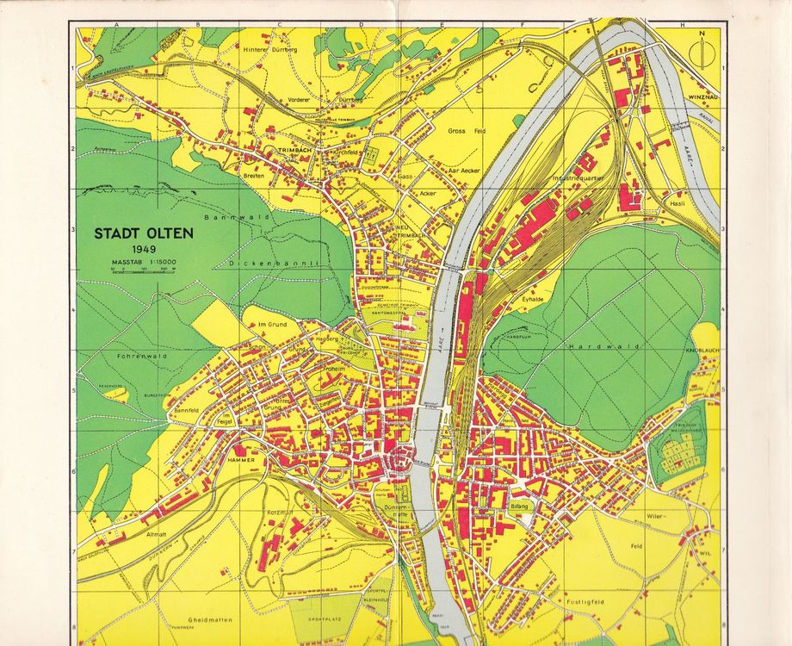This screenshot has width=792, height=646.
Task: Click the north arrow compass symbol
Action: (x=702, y=51)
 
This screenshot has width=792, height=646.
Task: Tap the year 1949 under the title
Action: (x=134, y=250)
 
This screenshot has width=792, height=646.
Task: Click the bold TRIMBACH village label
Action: (x=293, y=150)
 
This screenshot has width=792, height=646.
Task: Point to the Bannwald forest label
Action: (x=226, y=218)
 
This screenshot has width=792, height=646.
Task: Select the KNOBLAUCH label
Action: (x=702, y=352)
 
